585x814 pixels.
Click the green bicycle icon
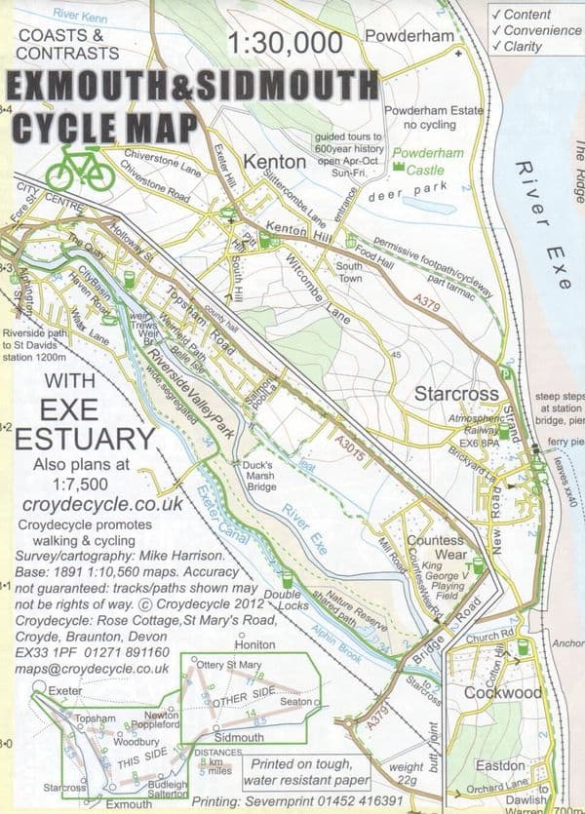point(81,167)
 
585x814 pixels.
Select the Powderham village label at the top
point(409,36)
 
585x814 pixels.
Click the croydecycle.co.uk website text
point(102,503)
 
